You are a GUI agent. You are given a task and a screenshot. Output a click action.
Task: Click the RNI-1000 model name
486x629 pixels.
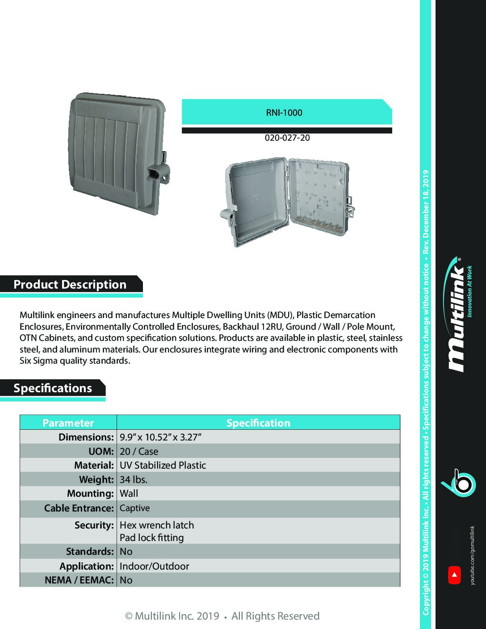point(284,113)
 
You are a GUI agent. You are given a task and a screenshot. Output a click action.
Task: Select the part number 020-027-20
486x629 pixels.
point(287,138)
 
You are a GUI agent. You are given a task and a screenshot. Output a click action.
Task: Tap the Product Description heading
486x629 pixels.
point(70,285)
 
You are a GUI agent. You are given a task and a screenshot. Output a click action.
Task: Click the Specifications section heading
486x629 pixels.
point(53,388)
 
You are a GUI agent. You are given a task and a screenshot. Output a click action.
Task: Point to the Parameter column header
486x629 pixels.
point(68,423)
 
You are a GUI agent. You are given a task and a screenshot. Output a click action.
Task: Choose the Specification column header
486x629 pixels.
point(258,423)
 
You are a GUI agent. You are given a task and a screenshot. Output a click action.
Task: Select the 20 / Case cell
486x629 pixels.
point(139,451)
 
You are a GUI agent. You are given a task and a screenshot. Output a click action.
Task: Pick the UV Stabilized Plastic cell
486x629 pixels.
point(163,465)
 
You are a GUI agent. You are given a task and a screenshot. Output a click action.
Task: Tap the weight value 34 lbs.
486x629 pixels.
point(134,479)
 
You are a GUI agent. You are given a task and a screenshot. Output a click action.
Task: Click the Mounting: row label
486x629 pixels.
point(90,493)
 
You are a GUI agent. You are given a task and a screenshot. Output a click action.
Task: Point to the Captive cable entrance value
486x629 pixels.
point(134,508)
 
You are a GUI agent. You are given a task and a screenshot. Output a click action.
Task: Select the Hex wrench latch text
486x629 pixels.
point(157,525)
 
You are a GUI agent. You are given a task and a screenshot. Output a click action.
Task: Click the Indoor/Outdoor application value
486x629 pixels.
point(154,566)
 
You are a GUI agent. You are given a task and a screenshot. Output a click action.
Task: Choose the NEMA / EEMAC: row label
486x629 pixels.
point(79,580)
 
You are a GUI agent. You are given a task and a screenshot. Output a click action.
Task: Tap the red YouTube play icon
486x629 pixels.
point(454,575)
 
